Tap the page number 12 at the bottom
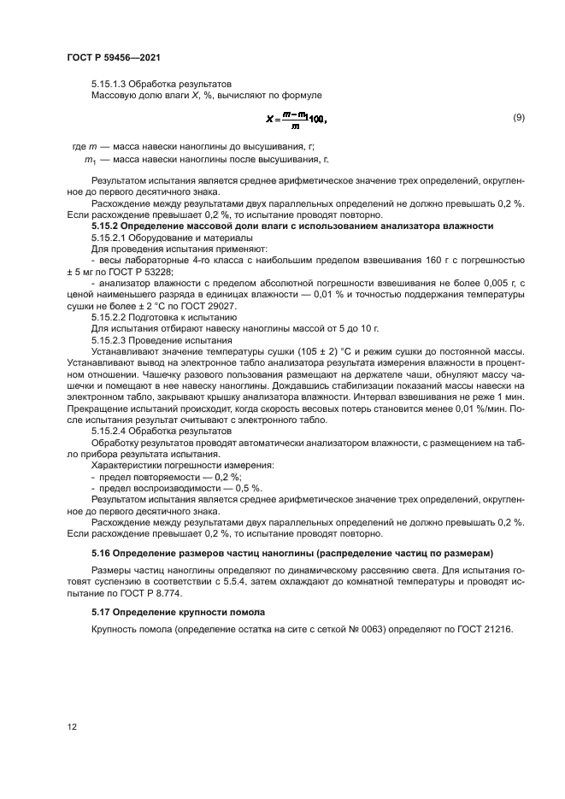[72, 726]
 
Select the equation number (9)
[518, 117]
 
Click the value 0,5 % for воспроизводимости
[248, 488]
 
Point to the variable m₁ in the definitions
[88, 160]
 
